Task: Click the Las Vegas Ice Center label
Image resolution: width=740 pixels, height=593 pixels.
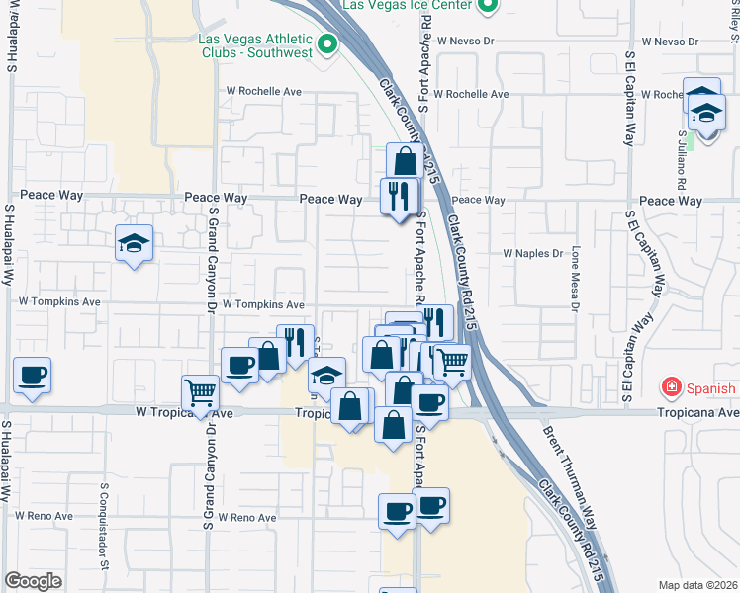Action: [406, 5]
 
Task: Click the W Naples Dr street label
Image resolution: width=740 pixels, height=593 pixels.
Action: [532, 254]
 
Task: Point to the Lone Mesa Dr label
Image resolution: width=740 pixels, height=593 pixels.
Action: [575, 280]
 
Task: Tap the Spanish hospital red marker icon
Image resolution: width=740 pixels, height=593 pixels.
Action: [672, 387]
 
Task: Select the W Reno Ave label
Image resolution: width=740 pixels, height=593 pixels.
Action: [248, 517]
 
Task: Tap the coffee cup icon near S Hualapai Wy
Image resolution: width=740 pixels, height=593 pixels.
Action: [33, 376]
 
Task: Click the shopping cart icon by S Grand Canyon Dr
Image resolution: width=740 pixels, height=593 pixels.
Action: [201, 392]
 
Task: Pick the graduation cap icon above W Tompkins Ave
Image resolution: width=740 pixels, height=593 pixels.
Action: [134, 243]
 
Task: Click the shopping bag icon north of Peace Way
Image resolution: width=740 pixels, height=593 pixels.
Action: [405, 161]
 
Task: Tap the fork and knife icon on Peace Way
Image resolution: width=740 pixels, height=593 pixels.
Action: [399, 195]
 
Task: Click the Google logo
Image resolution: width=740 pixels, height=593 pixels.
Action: [33, 581]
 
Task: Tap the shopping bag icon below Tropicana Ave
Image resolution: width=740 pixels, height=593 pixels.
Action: [394, 424]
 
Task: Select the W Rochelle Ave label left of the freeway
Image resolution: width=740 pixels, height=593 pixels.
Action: [263, 91]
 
